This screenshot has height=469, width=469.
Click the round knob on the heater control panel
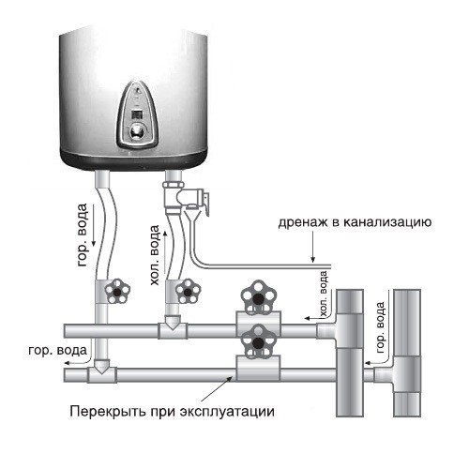[137, 130]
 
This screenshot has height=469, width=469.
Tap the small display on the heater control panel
[137, 113]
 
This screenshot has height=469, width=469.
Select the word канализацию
[387, 223]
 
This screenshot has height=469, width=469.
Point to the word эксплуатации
[227, 412]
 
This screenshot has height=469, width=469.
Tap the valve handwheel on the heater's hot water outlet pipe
[117, 291]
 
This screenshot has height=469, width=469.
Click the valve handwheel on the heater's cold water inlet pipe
[188, 291]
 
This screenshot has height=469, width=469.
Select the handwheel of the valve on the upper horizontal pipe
[258, 297]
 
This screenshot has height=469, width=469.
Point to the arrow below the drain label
[313, 247]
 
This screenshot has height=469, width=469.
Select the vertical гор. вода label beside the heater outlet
[83, 234]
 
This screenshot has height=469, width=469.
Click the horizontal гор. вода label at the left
[57, 350]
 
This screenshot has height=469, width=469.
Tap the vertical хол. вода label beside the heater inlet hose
[155, 255]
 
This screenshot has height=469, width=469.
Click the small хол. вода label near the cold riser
[324, 294]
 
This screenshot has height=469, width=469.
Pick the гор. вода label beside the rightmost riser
[381, 327]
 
